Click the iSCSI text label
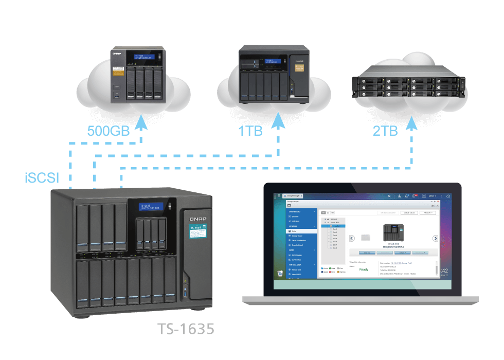(x=42, y=178)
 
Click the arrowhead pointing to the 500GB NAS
(x=141, y=123)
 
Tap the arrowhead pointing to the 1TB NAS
(x=279, y=123)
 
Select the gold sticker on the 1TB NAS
(x=298, y=68)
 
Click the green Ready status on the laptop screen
(x=364, y=269)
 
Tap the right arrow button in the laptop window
(x=435, y=238)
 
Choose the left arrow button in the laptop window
(x=352, y=238)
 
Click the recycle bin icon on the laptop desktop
(x=280, y=273)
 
